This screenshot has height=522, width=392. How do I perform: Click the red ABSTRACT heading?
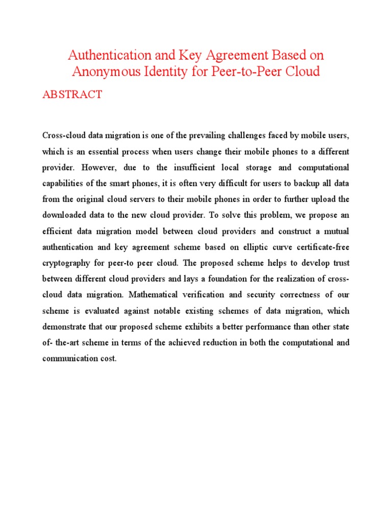click(x=72, y=95)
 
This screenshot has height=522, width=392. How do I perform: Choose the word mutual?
click(x=336, y=231)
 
